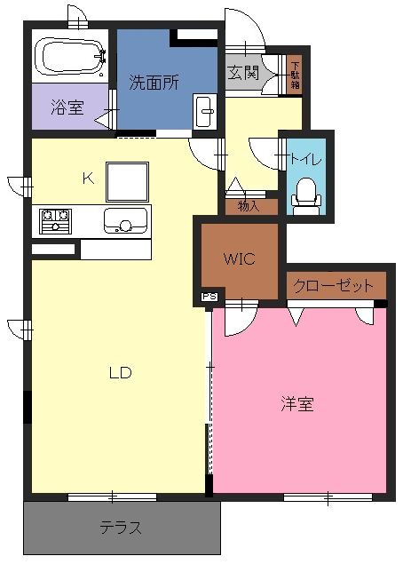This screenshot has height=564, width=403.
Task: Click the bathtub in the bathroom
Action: tap(70, 57)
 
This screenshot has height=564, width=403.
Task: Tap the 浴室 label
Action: tap(67, 107)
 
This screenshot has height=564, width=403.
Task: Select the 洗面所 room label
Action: tap(154, 83)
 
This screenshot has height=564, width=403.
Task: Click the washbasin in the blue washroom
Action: tap(204, 111)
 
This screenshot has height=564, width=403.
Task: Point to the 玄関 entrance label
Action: tap(243, 73)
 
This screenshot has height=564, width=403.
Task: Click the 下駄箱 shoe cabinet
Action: tap(295, 75)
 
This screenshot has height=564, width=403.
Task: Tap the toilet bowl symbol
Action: tap(305, 196)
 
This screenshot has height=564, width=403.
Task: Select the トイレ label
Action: tap(305, 159)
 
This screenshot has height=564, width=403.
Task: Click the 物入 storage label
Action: tap(249, 207)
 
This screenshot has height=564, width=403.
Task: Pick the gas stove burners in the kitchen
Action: tap(55, 221)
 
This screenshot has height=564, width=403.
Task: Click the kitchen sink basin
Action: tap(125, 221)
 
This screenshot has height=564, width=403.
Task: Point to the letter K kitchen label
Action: tap(88, 178)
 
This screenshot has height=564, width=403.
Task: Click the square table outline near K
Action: tap(127, 182)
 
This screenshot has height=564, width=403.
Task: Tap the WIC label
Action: tap(240, 258)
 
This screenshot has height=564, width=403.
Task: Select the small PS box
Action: tap(209, 297)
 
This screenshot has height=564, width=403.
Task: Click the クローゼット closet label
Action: tap(333, 286)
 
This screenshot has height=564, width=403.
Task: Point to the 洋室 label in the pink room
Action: tap(297, 404)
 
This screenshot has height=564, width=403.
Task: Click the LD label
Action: tap(121, 373)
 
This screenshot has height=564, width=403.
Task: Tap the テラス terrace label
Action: tap(121, 528)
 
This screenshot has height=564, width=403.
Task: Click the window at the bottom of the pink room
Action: tap(328, 497)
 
